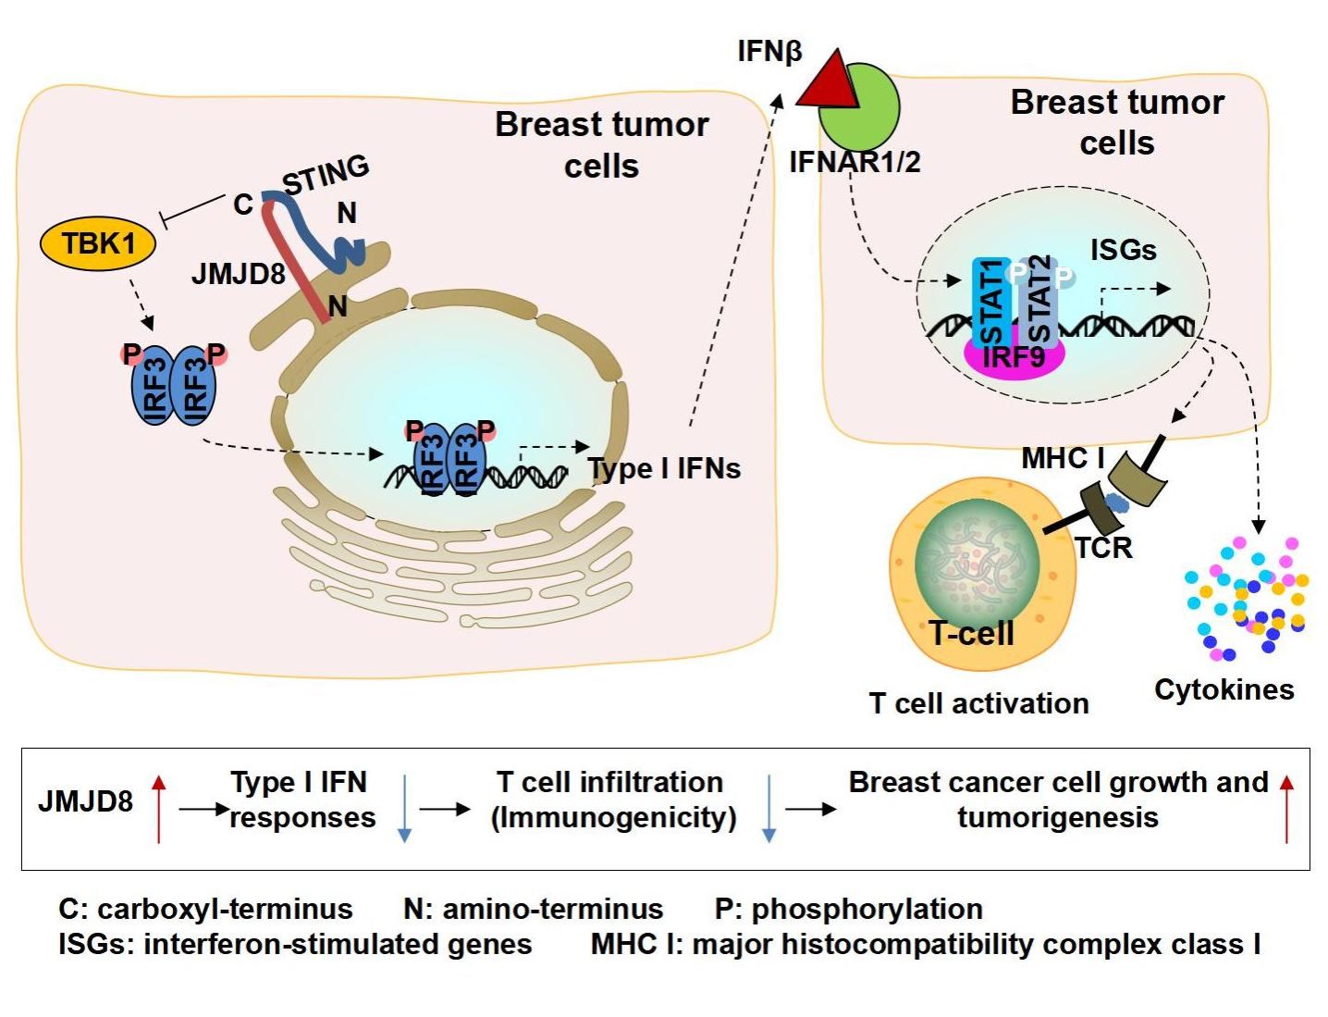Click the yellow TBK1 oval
point(98,243)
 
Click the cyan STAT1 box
point(990,302)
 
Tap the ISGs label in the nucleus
point(1123,250)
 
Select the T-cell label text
point(971,633)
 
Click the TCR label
point(1104,548)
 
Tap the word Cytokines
point(1223,690)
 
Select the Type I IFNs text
point(664,469)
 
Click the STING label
point(326,174)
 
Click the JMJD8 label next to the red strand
point(238,274)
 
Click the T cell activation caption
point(978,704)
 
